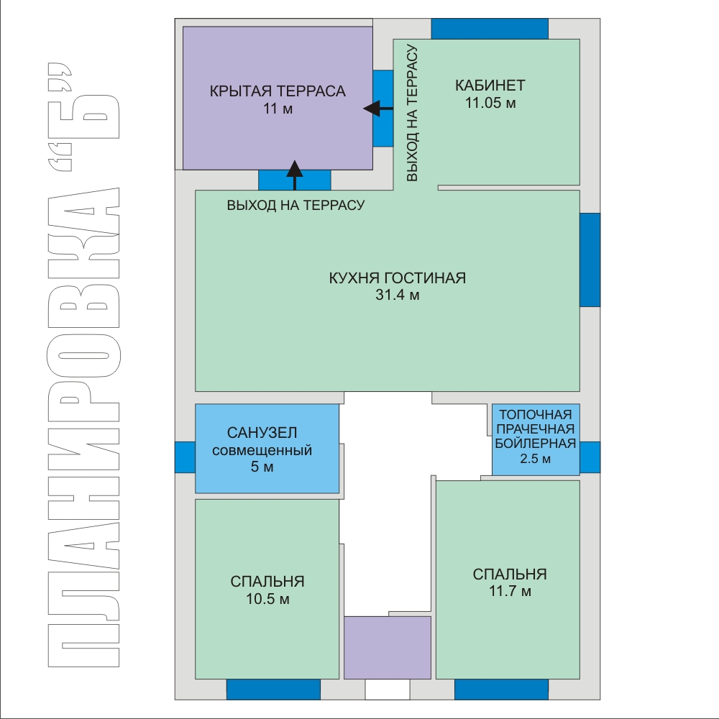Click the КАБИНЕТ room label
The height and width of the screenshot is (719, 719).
pos(490,86)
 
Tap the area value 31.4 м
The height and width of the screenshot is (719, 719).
pos(397,295)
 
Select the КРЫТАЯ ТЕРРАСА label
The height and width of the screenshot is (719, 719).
pos(278,91)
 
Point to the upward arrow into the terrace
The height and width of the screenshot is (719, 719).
pos(294,175)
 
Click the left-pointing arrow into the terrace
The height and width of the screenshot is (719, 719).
pos(378,109)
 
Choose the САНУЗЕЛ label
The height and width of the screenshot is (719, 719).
pos(262,432)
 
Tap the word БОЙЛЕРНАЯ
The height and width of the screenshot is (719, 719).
pos(535,444)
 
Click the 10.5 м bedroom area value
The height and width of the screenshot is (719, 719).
pos(267,599)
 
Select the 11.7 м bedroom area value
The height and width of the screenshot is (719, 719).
pos(510,591)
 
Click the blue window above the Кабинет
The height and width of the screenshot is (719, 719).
pos(490,29)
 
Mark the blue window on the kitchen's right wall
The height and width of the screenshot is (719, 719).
pos(590,260)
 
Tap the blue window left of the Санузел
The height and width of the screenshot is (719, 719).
pos(185,457)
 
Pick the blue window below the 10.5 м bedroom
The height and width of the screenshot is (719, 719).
pos(273,690)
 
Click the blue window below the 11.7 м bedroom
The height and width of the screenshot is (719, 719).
pos(501,690)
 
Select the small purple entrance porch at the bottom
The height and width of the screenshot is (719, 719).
pos(388,648)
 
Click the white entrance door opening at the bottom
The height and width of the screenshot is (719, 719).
pos(388,690)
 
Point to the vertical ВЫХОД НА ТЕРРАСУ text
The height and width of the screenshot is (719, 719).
pos(412,113)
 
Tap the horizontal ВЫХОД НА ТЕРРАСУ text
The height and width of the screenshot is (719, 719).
pos(296,205)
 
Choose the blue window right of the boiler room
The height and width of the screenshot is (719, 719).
pos(590,457)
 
